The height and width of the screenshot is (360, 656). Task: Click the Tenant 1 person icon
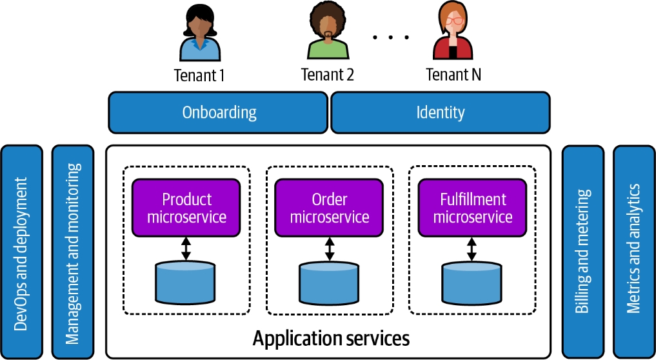point(199,34)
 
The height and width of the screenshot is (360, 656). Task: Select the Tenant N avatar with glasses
point(453,32)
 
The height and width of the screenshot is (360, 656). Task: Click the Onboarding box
point(219,112)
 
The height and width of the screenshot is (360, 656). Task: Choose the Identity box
point(441,112)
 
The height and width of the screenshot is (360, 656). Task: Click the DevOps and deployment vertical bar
point(21,252)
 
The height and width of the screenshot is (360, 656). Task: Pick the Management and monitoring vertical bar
point(73,252)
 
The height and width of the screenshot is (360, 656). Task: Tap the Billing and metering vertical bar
point(583,252)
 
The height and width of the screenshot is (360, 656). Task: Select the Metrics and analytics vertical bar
point(634,252)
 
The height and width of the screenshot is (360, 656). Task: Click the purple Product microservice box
point(186,208)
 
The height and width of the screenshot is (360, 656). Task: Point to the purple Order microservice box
point(330,208)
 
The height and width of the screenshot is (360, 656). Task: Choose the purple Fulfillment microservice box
point(473,208)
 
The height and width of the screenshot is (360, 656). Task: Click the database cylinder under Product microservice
point(186,282)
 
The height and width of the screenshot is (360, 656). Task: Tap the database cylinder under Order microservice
point(330,282)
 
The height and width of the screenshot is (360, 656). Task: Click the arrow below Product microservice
point(186,248)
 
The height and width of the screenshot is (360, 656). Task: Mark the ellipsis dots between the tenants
point(391,37)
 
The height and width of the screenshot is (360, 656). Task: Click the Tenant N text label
point(453,75)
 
